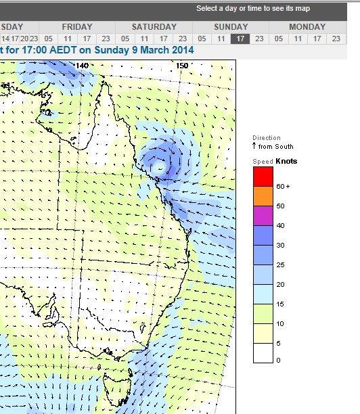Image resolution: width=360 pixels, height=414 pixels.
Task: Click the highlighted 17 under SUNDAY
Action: tap(240, 39)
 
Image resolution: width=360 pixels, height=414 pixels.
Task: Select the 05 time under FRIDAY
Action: tap(48, 39)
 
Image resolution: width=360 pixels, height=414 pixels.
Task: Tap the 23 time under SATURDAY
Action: tap(182, 39)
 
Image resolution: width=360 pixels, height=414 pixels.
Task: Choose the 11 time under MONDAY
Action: tap(297, 39)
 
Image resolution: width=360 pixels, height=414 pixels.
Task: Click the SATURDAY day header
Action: tap(154, 27)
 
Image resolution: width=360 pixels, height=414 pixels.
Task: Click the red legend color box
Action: tap(263, 176)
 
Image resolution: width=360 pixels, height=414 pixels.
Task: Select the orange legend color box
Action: tap(263, 195)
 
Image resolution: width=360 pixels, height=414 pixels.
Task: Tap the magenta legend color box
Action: tap(263, 215)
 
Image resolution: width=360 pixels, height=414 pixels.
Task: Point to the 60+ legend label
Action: tap(283, 186)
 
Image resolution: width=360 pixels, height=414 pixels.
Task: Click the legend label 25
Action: tap(280, 264)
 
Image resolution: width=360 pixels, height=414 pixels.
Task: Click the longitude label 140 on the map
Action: tap(82, 66)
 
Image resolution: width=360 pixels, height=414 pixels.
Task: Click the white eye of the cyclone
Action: tap(160, 164)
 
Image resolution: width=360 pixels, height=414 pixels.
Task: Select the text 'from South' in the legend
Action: tap(275, 146)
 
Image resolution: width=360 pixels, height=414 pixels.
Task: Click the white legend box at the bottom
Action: tap(263, 353)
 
